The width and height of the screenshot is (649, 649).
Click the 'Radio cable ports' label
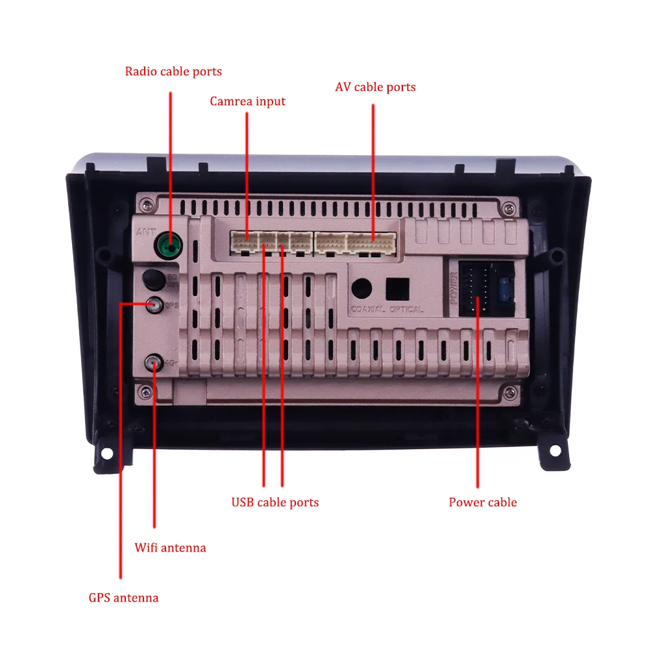[x=173, y=71]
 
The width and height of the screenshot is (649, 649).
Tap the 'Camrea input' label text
[x=247, y=102]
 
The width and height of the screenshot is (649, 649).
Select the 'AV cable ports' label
[x=375, y=87]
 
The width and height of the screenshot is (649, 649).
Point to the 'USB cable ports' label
[x=275, y=502]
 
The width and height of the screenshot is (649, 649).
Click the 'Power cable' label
[x=483, y=502]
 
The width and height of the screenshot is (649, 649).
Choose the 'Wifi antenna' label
[x=170, y=548]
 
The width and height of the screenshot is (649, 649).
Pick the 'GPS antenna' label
[x=123, y=598]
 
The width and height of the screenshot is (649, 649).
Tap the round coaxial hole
[x=361, y=287]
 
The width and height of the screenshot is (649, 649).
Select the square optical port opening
[x=397, y=288]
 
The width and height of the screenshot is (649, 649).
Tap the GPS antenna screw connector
[x=154, y=303]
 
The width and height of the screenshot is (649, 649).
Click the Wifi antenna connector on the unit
[x=154, y=362]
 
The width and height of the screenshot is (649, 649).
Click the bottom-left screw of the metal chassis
[x=147, y=391]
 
